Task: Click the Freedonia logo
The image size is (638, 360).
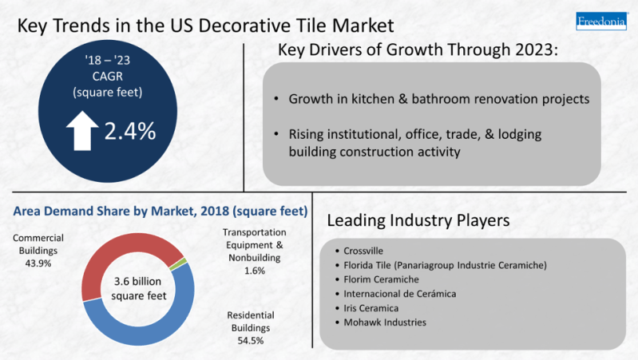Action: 602,21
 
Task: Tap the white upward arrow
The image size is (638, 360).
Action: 82,131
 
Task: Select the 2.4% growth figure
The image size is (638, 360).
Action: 130,131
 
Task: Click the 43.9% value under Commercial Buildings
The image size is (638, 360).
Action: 38,263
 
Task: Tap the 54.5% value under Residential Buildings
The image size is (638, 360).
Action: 251,341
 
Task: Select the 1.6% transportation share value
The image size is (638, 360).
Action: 255,271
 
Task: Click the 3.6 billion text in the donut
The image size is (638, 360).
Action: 137,281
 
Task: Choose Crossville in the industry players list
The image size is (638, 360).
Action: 363,251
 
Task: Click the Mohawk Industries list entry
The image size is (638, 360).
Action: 385,322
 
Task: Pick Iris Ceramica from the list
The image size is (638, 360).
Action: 371,308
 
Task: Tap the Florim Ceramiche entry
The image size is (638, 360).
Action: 381,279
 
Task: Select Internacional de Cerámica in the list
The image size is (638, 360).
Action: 400,294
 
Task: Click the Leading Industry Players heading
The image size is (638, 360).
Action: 418,220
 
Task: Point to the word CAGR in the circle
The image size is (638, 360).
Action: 108,76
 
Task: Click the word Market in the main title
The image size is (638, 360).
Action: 363,26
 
